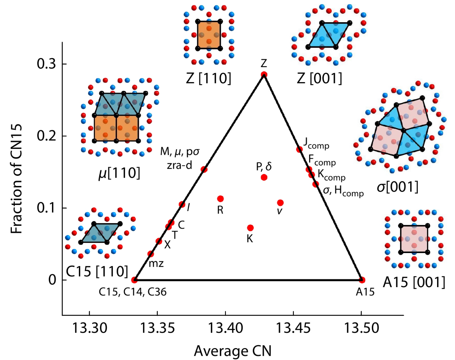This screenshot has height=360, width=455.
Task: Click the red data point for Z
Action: pyautogui.click(x=264, y=75)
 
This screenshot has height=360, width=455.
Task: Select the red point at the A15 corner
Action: pyautogui.click(x=362, y=280)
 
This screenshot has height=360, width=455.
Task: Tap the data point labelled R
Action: pyautogui.click(x=221, y=199)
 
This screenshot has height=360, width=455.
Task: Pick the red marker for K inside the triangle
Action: pyautogui.click(x=250, y=228)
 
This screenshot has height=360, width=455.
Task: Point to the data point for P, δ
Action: pyautogui.click(x=264, y=177)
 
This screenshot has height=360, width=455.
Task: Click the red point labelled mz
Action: pyautogui.click(x=151, y=254)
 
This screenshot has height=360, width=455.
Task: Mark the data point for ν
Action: pyautogui.click(x=280, y=203)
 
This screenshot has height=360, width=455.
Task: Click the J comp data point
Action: pyautogui.click(x=299, y=149)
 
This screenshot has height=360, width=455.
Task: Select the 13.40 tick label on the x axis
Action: pyautogui.click(x=226, y=328)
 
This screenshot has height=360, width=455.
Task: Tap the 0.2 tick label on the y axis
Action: pyautogui.click(x=47, y=136)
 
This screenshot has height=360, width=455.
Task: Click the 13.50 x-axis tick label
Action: pyautogui.click(x=361, y=328)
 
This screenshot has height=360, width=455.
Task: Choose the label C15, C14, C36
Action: pyautogui.click(x=133, y=292)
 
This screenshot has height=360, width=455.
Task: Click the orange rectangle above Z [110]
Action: pyautogui.click(x=209, y=35)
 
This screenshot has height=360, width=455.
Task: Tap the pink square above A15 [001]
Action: pyautogui.click(x=414, y=239)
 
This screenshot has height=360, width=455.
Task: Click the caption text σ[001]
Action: pyautogui.click(x=397, y=187)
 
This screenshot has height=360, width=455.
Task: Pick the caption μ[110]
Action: pyautogui.click(x=119, y=173)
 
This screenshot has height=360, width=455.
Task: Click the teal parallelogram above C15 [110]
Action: pyautogui.click(x=100, y=233)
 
